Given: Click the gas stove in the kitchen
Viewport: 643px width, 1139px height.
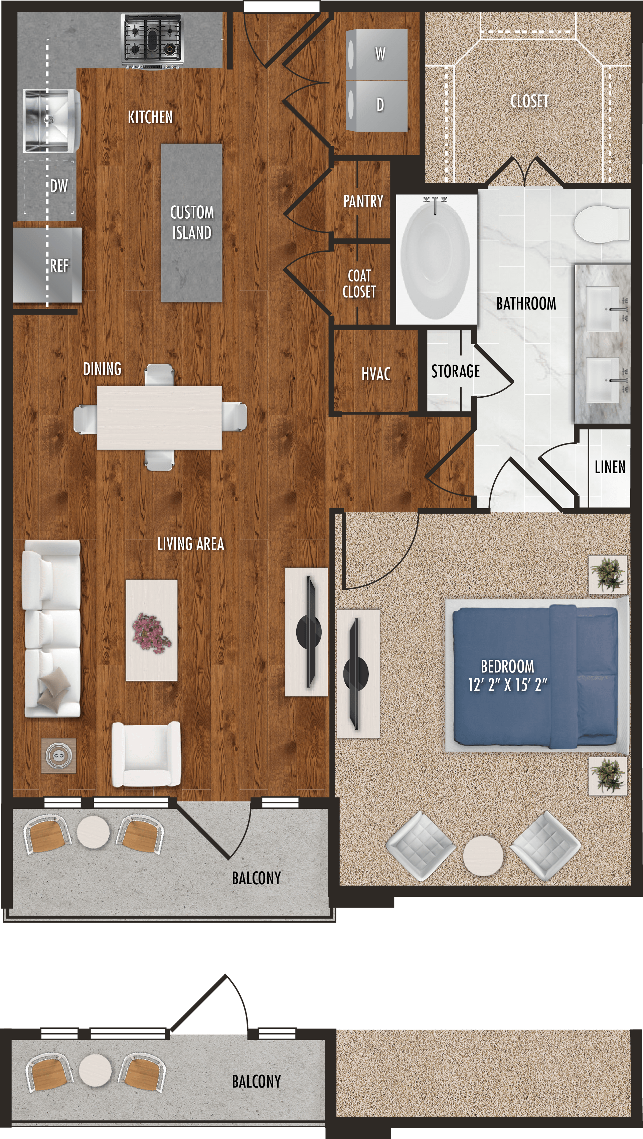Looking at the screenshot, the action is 152,41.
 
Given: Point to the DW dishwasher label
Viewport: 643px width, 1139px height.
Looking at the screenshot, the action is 59,186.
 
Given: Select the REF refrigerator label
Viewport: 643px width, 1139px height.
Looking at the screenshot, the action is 59,266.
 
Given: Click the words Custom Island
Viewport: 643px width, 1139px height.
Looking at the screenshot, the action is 192,222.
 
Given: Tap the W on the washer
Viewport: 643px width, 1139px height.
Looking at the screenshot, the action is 380,54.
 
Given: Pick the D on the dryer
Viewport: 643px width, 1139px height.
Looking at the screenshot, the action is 380,105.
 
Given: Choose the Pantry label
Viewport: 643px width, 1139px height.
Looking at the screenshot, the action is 363,202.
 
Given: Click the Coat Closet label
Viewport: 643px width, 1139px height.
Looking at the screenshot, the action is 359,283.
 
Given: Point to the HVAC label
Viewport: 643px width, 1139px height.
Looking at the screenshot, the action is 376,374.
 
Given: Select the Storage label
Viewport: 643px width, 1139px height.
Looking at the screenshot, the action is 456,371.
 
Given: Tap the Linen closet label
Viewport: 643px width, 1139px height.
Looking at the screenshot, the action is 610,467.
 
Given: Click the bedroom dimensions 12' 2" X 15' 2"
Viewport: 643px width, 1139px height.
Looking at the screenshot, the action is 507,685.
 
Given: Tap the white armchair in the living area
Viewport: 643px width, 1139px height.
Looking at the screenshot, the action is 146,754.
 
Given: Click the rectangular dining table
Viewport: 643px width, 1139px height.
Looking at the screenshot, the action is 159,418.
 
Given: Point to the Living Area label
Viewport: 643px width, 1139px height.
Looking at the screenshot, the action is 191,544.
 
